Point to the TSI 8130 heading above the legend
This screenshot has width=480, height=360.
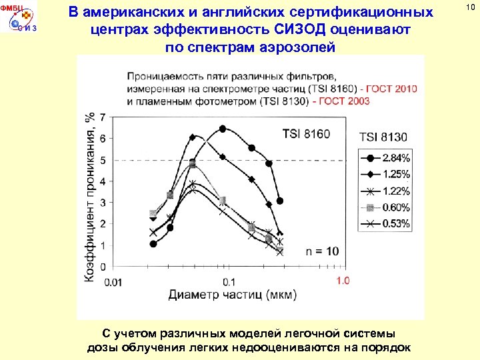[383, 137]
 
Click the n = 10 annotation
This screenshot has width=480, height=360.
[323, 251]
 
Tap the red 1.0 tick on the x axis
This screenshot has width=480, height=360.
[342, 281]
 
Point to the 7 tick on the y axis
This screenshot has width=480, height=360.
[102, 117]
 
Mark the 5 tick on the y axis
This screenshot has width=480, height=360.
[102, 160]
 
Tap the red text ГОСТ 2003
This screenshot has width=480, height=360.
[345, 101]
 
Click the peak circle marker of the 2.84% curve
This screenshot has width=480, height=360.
[223, 129]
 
